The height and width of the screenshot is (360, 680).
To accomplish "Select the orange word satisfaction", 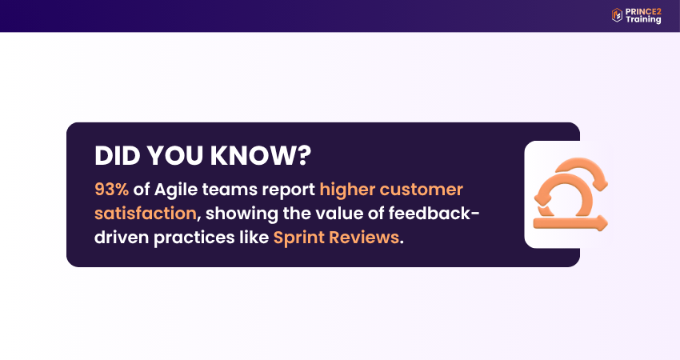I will tap(146, 214).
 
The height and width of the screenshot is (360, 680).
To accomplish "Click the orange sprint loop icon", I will tap(570, 195).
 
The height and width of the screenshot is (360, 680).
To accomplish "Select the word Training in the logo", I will tap(644, 19).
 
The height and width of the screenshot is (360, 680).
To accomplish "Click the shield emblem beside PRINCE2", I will tap(617, 14).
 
